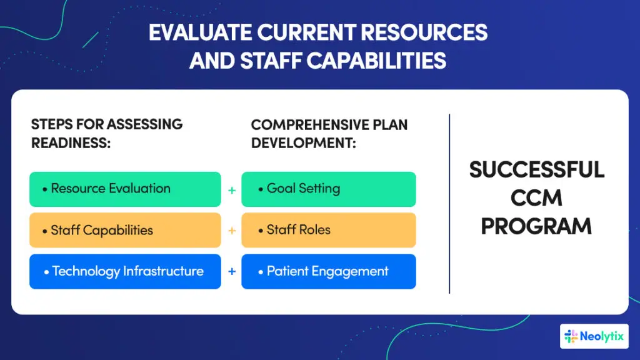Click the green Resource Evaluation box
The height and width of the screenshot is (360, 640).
point(125,189)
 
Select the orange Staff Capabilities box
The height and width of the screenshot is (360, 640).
point(125,230)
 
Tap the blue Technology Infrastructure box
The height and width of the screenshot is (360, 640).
point(125,271)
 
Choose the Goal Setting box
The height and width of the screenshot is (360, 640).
point(328,189)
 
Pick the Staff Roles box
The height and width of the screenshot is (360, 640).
point(328,230)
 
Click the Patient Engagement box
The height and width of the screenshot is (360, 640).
point(328,271)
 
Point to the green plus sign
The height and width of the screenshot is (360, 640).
point(232,189)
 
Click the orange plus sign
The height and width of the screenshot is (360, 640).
point(232,231)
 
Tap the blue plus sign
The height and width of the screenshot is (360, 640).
point(232,272)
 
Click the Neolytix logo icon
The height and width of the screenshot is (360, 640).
point(571,337)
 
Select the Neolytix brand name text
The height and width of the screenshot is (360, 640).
point(601,337)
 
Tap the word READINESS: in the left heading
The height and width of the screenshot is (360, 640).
point(71,142)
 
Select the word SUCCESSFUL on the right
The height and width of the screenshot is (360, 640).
point(537,170)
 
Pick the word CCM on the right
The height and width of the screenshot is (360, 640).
point(537,198)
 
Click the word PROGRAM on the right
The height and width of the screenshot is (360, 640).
point(537,226)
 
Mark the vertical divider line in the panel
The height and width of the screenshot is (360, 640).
point(449,203)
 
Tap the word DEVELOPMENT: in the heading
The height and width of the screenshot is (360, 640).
point(303,142)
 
